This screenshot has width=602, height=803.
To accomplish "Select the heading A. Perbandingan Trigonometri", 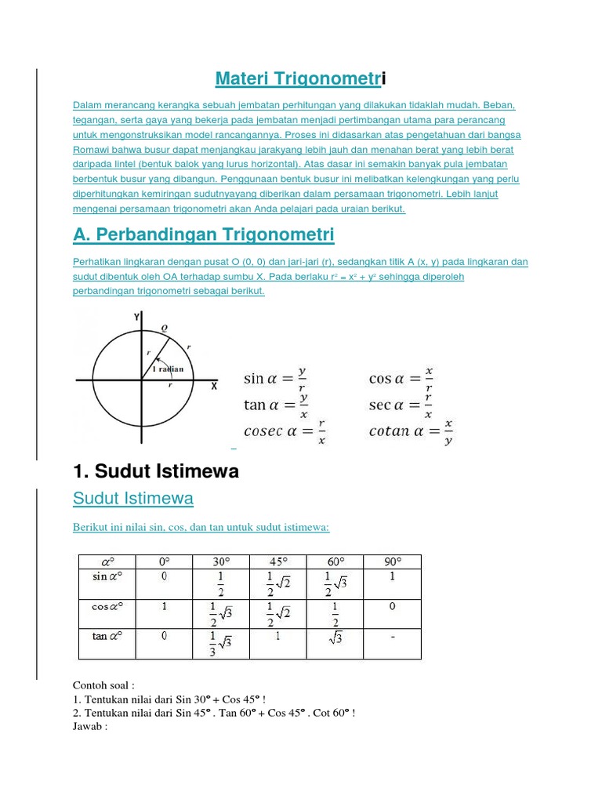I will click(x=203, y=234).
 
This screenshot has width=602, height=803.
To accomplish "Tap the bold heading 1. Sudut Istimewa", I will click(x=155, y=471).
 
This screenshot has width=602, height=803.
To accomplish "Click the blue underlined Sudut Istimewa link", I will click(x=132, y=499).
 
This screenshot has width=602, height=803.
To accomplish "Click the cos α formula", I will click(x=401, y=378).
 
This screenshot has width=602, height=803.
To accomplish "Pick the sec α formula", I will click(x=401, y=404).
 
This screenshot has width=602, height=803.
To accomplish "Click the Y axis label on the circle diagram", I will click(x=137, y=317).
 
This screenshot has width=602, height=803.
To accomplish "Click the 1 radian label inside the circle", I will click(x=167, y=369).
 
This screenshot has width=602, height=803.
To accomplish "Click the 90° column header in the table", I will click(x=392, y=561).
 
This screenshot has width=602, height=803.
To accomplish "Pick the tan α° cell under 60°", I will click(x=335, y=639).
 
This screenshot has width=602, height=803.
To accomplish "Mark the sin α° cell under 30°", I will click(x=220, y=583).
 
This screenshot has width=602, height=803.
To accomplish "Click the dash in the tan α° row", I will click(x=392, y=638).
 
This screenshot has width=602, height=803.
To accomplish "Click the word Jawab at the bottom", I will click(x=89, y=727).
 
